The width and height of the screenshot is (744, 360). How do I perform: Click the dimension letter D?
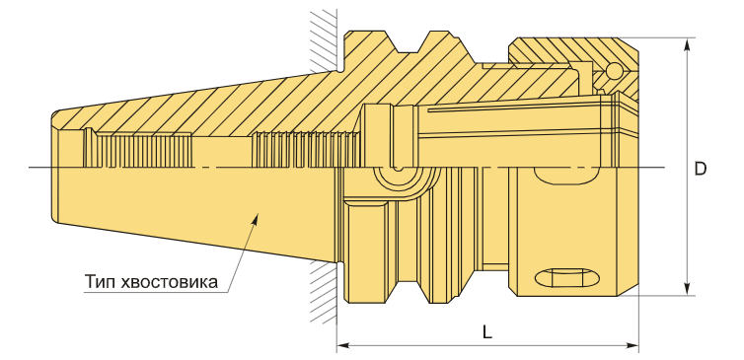pos(700,169)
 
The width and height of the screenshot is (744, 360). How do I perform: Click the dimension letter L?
pos(487,332)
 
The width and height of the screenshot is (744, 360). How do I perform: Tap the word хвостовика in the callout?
pos(170,282)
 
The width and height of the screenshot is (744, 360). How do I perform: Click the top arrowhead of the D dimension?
pos(687,44)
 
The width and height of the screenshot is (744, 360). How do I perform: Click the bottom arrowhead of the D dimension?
pos(687,289)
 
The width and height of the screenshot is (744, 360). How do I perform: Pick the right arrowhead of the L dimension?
pos(632,345)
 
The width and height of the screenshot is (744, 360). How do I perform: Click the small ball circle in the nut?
pos(614,71)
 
